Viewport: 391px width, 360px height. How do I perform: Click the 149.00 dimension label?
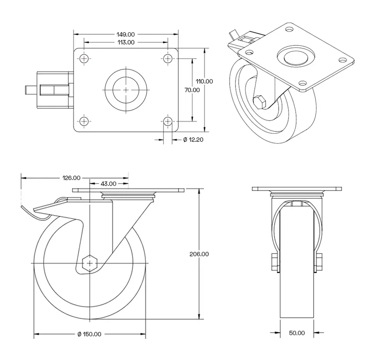tap(126, 34)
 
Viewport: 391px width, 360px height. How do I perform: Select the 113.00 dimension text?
tap(126, 42)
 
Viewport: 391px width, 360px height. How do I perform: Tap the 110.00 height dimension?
tap(204, 81)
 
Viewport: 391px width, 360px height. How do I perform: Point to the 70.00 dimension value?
tap(192, 90)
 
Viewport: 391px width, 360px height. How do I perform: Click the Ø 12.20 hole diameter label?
tap(192, 140)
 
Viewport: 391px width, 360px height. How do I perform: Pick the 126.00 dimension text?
tap(71, 178)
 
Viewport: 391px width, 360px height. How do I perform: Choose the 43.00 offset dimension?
tap(109, 184)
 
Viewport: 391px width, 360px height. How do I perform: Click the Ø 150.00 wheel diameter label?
tap(89, 334)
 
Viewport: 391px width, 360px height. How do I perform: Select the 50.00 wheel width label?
tap(297, 333)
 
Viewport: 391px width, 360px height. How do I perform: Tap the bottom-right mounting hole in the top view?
tap(168, 121)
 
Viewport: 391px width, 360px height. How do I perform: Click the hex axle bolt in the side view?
tap(90, 263)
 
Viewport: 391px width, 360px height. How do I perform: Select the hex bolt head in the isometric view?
tap(260, 102)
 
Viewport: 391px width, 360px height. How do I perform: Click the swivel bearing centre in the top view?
tap(126, 90)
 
